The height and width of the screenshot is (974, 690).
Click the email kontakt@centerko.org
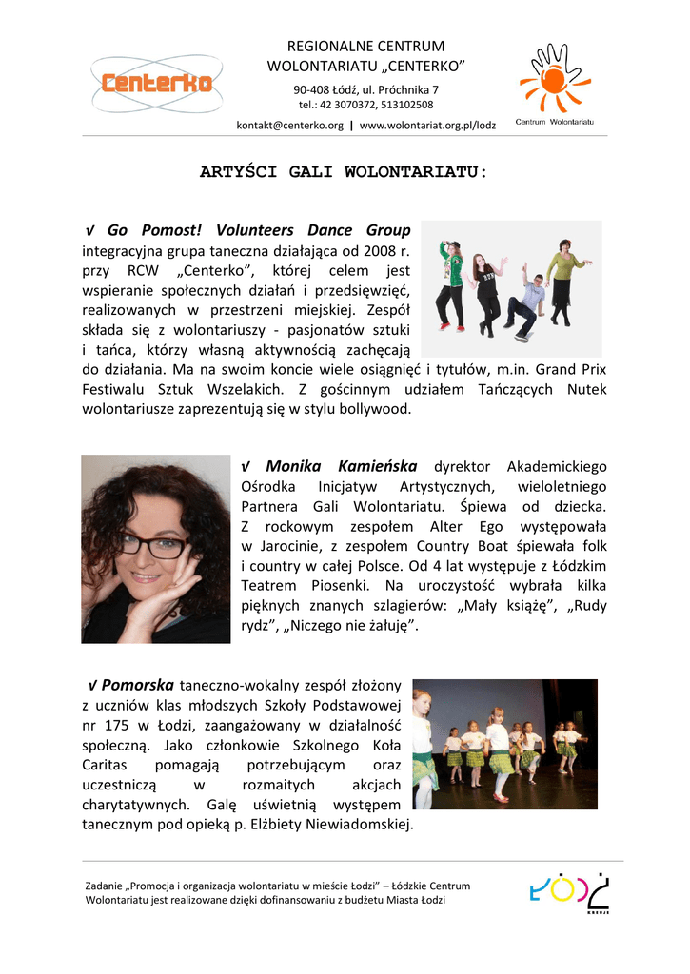(x=289, y=126)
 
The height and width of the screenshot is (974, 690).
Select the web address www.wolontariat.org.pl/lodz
(x=427, y=126)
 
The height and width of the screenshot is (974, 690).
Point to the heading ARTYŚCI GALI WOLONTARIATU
(x=344, y=172)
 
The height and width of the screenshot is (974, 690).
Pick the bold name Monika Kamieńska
(x=341, y=466)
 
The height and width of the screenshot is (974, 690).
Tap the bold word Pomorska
(x=137, y=684)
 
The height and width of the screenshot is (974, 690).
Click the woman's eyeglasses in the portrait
(x=152, y=547)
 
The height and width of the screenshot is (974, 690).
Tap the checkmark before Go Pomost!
(x=90, y=231)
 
